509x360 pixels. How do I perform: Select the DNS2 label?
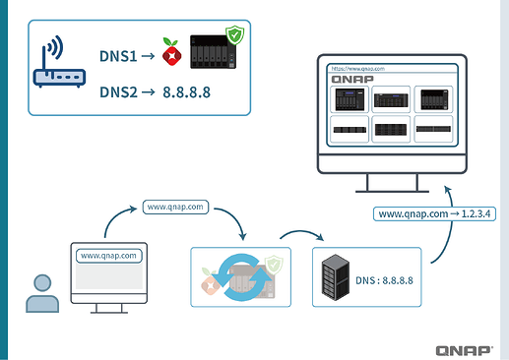tap(122, 96)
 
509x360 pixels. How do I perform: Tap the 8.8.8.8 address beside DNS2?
tap(185, 96)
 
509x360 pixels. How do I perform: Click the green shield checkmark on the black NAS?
tap(234, 37)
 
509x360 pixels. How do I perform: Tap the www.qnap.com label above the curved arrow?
tap(174, 208)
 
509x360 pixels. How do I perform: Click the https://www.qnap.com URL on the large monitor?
tap(356, 70)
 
